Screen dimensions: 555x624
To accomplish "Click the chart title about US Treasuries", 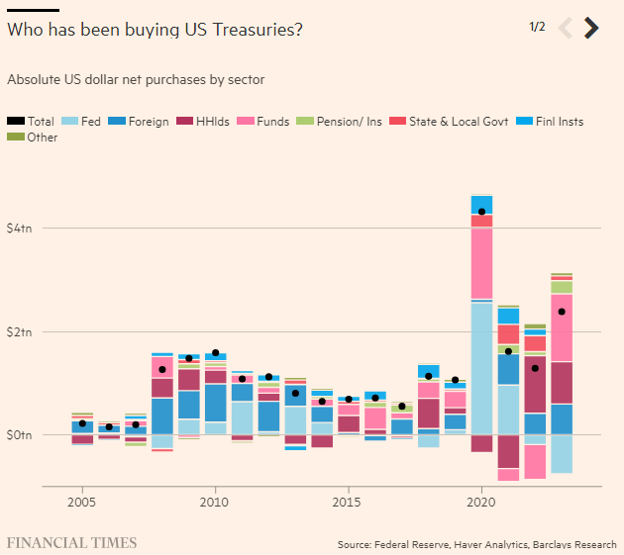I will coord(155,30).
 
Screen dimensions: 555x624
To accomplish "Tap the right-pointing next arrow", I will coord(591,28).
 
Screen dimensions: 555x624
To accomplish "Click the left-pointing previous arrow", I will coord(566,28).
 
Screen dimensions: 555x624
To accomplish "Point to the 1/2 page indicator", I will coord(537,27).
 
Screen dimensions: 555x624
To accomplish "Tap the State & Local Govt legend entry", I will coord(452,122).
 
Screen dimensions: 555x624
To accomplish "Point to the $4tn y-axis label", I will coord(20,229).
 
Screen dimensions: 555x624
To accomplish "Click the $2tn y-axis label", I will coord(20,331).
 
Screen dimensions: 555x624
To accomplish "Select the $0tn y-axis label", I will coord(20,434).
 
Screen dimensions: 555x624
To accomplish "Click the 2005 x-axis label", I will coord(82,503).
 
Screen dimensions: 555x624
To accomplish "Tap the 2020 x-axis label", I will coord(481,503).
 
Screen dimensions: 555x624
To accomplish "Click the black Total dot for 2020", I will coord(482,212).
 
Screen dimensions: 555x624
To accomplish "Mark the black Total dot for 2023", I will coord(562,312).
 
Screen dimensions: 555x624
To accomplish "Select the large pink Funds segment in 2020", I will coord(482,262).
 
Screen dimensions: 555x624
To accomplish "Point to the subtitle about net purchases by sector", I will coord(136,79).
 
